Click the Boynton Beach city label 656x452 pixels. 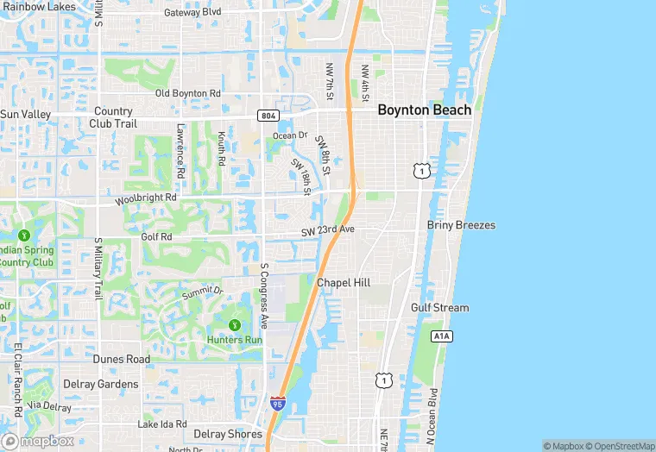[425, 110]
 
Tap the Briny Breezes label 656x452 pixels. [461, 225]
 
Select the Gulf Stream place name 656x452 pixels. [439, 308]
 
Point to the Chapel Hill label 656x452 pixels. [344, 283]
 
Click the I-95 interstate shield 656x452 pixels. [277, 403]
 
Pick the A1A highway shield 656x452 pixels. [441, 336]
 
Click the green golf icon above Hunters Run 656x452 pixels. [235, 324]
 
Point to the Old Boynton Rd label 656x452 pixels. [188, 93]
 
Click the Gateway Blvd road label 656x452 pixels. [192, 12]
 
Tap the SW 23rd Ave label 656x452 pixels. [328, 232]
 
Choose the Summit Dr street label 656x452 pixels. [202, 293]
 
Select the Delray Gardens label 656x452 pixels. [100, 384]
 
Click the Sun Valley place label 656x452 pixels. [26, 114]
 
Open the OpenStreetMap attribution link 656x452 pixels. [619, 446]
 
